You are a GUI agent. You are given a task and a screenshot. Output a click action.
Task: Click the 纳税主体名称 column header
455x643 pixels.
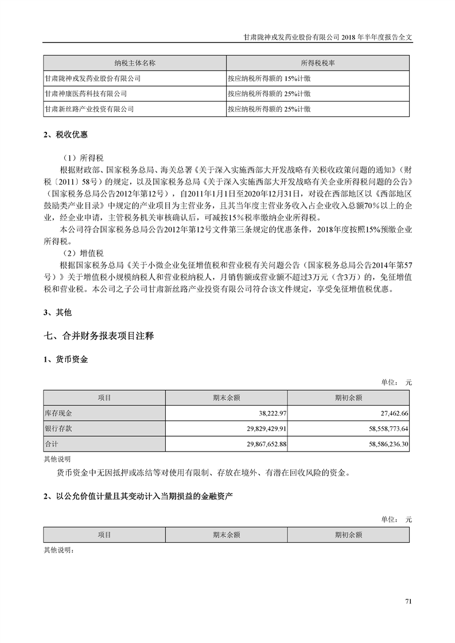pyautogui.click(x=135, y=62)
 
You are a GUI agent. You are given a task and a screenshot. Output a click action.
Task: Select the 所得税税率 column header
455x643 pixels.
pyautogui.click(x=317, y=62)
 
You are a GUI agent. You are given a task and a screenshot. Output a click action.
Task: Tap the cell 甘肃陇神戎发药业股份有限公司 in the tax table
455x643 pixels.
pyautogui.click(x=92, y=78)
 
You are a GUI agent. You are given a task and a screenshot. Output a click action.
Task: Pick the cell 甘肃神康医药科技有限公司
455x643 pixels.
pyautogui.click(x=85, y=93)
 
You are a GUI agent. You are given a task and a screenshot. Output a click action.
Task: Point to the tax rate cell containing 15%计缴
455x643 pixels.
pyautogui.click(x=269, y=78)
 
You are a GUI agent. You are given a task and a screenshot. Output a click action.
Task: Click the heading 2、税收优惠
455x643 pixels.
pyautogui.click(x=66, y=135)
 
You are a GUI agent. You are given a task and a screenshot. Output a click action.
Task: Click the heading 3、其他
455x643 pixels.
pyautogui.click(x=58, y=312)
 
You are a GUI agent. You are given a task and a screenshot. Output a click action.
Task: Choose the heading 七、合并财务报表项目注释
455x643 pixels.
pyautogui.click(x=99, y=336)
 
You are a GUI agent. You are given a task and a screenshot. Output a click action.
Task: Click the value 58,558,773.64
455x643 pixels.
pyautogui.click(x=381, y=429)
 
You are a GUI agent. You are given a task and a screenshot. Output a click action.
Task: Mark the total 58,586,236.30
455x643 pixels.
pyautogui.click(x=381, y=444)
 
